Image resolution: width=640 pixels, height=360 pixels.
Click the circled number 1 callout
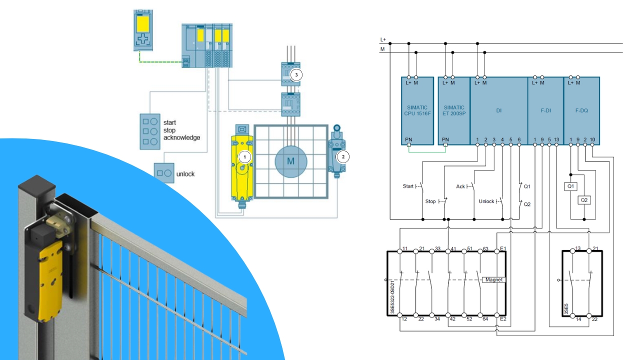click(x=244, y=156)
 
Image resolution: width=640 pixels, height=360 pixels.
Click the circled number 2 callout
click(x=342, y=156)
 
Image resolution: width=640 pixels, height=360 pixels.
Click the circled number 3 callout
click(x=296, y=75)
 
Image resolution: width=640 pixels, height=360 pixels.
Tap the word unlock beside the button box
click(x=185, y=174)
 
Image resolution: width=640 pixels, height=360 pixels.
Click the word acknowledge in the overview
click(x=181, y=137)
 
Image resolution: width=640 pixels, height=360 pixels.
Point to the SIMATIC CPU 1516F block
click(x=417, y=110)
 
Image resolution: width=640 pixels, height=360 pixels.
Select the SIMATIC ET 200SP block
click(x=453, y=110)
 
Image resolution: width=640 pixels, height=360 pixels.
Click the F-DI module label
click(x=545, y=110)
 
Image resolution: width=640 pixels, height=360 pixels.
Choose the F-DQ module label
click(x=581, y=110)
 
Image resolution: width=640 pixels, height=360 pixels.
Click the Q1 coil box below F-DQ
click(x=571, y=186)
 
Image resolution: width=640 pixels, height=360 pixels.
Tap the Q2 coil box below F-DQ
click(x=584, y=200)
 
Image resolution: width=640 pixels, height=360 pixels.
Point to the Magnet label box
click(x=493, y=279)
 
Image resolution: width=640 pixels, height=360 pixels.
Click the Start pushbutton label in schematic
click(x=408, y=186)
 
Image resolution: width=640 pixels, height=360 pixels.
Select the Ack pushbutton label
click(x=460, y=186)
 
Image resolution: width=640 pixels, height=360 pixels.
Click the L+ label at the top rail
click(x=383, y=39)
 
